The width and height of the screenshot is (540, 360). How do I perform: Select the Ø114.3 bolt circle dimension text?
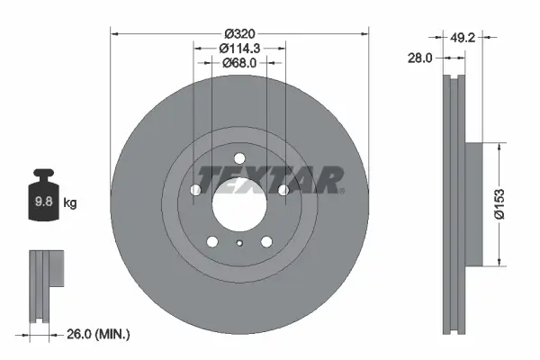(x=239, y=47)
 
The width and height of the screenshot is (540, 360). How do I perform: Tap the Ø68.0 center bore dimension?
(x=239, y=63)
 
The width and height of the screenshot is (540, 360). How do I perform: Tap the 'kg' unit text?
(x=69, y=203)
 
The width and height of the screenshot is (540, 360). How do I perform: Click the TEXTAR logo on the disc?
(x=268, y=180)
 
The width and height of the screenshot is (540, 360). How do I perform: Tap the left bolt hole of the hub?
(x=194, y=190)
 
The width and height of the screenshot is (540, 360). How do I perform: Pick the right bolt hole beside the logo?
(x=283, y=190)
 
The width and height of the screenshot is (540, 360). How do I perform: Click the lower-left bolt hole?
(x=211, y=241)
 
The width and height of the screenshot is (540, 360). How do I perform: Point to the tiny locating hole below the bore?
(x=239, y=244)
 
